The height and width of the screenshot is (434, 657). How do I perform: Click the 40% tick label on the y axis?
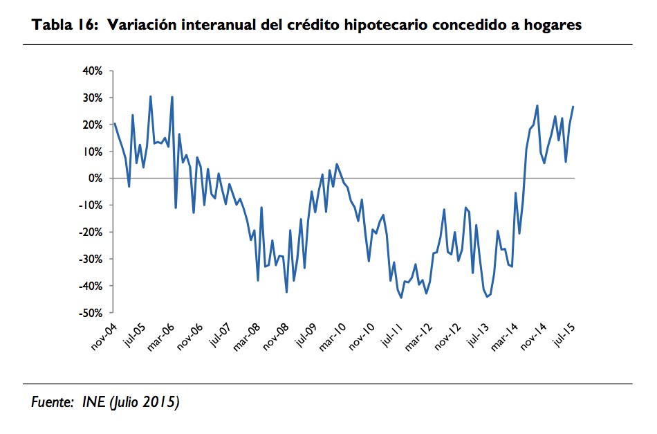pyautogui.click(x=93, y=71)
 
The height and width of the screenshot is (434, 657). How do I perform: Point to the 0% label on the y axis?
pyautogui.click(x=95, y=179)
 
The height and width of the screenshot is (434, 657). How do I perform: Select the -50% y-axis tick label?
pyautogui.click(x=91, y=313)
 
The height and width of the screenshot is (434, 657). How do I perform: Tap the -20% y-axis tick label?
pyautogui.click(x=91, y=233)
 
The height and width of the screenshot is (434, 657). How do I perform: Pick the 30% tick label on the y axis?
pyautogui.click(x=93, y=98)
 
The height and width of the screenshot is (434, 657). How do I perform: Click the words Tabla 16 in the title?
pyautogui.click(x=57, y=26)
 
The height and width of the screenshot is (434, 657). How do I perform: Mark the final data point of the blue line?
pyautogui.click(x=573, y=106)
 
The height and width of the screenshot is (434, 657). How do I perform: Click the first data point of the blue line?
pyautogui.click(x=114, y=124)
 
